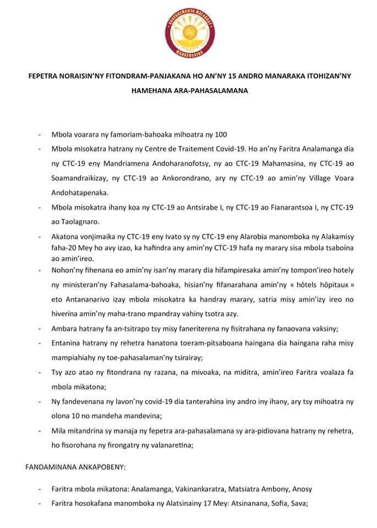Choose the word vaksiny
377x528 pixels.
[323, 328]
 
